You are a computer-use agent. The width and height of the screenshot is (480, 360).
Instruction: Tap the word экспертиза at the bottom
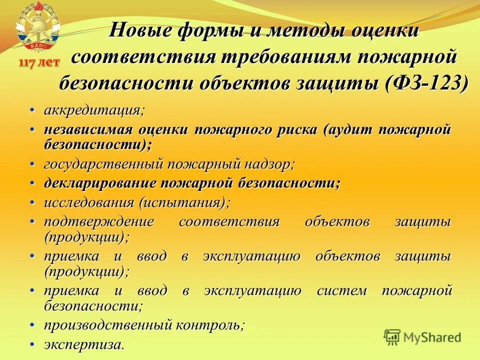point(82,345)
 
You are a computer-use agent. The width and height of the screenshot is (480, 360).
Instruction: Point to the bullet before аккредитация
point(33,109)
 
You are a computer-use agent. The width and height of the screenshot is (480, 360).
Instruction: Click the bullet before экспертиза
point(33,345)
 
